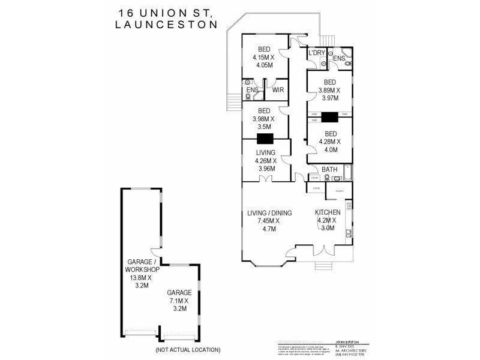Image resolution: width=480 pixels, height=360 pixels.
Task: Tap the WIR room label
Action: pyautogui.click(x=278, y=89)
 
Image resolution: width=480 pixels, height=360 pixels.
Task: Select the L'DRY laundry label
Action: pyautogui.click(x=317, y=53)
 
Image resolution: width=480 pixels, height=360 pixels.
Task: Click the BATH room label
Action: pyautogui.click(x=329, y=170)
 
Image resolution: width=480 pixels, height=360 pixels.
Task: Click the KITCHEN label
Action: pyautogui.click(x=328, y=212)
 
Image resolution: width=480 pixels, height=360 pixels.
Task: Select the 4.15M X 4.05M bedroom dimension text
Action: pyautogui.click(x=263, y=62)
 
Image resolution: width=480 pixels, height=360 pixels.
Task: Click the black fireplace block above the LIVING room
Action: pyautogui.click(x=265, y=139)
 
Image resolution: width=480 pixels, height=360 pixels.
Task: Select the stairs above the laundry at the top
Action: pyautogui.click(x=326, y=40)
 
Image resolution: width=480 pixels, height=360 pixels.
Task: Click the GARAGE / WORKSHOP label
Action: pyautogui.click(x=142, y=266)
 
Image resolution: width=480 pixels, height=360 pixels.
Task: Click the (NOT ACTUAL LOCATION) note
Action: pyautogui.click(x=187, y=349)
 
